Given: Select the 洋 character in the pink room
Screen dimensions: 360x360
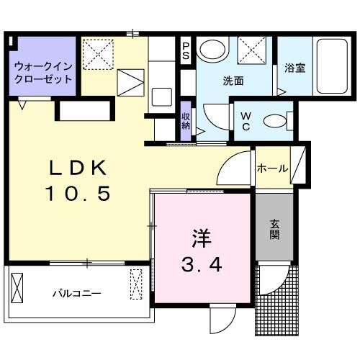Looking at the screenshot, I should [x=202, y=238].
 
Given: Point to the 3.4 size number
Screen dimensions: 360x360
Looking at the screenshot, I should [x=202, y=264].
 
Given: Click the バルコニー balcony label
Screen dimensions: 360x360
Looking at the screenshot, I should [x=76, y=294].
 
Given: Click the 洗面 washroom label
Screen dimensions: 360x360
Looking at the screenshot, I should [x=233, y=81].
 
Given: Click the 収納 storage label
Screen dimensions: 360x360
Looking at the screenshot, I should [x=186, y=118].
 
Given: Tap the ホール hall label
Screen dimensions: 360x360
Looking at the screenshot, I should [x=273, y=168].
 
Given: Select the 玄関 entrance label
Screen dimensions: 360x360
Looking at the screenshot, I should [x=276, y=229].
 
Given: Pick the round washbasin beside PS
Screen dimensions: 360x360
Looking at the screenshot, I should [x=212, y=50].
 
